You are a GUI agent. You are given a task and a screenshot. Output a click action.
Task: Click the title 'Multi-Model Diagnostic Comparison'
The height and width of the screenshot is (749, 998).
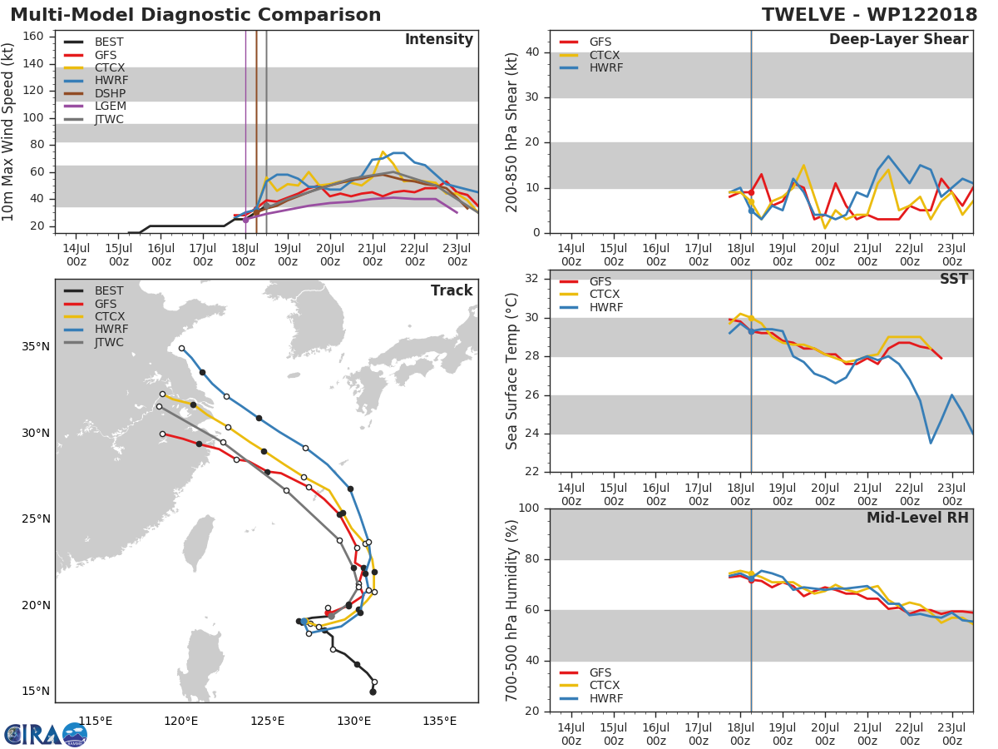[195, 15]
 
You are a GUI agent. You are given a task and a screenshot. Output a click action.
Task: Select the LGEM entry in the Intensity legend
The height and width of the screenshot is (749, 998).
[108, 107]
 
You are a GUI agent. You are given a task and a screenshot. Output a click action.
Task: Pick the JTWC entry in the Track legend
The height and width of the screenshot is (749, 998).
[109, 342]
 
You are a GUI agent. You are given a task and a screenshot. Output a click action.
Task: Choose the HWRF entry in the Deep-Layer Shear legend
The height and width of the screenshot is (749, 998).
[605, 68]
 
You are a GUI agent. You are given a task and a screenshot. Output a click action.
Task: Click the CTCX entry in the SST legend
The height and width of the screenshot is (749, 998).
[605, 295]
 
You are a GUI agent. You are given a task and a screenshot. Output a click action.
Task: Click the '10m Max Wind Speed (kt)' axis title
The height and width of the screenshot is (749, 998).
[10, 133]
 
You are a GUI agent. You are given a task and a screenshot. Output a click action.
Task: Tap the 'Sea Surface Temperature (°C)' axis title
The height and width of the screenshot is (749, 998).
[513, 371]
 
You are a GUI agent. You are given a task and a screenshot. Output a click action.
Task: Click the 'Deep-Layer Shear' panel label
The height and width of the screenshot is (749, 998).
[898, 40]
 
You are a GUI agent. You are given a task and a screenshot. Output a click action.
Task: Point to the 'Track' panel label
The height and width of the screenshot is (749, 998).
[451, 290]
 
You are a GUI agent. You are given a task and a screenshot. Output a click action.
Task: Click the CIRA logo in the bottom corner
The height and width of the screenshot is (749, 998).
[46, 733]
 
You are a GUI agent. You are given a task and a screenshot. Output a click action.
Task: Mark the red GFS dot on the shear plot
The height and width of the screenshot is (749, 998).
[751, 192]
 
